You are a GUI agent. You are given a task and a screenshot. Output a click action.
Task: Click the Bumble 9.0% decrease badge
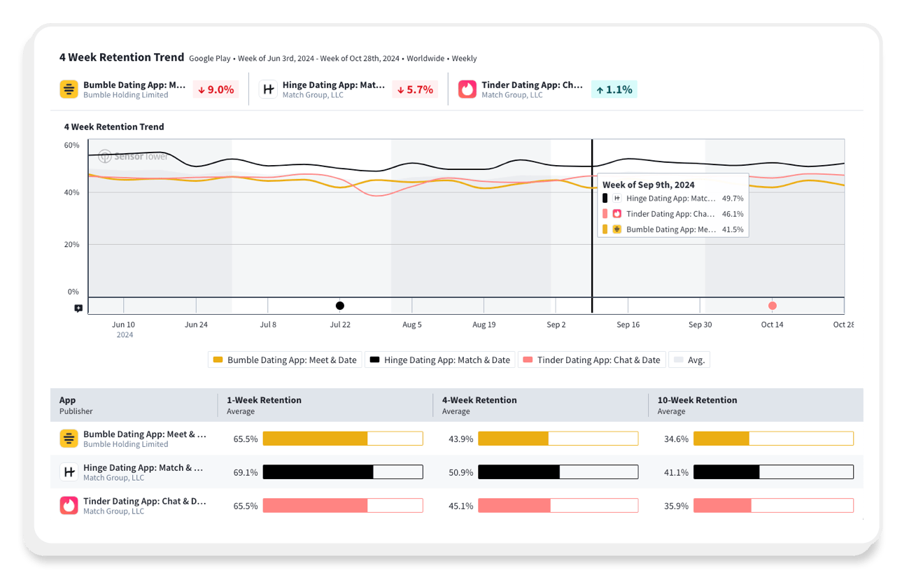[216, 90]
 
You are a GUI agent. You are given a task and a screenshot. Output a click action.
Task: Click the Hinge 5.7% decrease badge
[414, 90]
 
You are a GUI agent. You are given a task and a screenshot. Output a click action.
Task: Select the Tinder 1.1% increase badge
[614, 90]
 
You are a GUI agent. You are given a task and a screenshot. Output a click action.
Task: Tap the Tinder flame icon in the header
[467, 90]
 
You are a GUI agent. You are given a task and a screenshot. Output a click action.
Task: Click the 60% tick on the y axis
[72, 145]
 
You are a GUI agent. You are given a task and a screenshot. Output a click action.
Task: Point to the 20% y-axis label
[72, 245]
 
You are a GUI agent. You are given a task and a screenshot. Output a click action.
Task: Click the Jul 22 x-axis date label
[340, 325]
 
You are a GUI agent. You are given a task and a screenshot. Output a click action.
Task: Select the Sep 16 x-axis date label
[628, 325]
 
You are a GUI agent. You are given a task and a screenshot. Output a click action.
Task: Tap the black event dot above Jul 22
[340, 306]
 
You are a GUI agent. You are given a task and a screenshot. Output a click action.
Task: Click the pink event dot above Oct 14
[773, 306]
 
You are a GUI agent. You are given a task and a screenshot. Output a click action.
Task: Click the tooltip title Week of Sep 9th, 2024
[649, 185]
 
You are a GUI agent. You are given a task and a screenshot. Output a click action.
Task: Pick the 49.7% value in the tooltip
[733, 199]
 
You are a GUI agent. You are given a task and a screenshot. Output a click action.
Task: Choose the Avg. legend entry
[689, 360]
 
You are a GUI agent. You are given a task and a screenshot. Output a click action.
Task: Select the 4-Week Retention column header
[479, 400]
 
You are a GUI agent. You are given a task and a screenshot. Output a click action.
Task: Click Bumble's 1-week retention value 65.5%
[246, 439]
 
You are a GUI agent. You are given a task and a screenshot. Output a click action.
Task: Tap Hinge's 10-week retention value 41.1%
[676, 473]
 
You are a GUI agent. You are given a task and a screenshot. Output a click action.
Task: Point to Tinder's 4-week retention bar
[558, 506]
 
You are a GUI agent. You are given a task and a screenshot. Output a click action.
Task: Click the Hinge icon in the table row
[69, 472]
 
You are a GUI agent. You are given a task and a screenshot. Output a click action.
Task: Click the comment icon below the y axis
[78, 308]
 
